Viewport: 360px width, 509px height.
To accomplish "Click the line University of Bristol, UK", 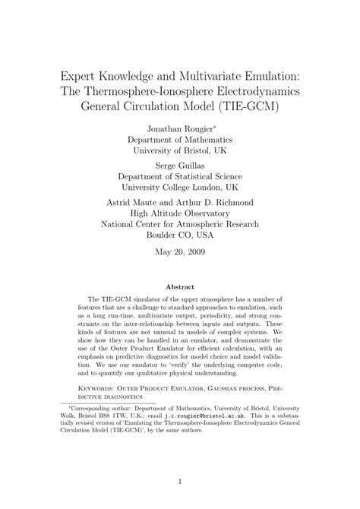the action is point(179,151).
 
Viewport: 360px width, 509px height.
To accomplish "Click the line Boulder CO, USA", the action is point(179,237).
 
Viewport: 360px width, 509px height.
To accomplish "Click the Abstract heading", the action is point(180,287).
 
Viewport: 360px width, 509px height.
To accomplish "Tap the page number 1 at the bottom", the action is point(180,481).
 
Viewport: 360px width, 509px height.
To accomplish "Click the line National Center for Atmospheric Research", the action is point(179,226).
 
